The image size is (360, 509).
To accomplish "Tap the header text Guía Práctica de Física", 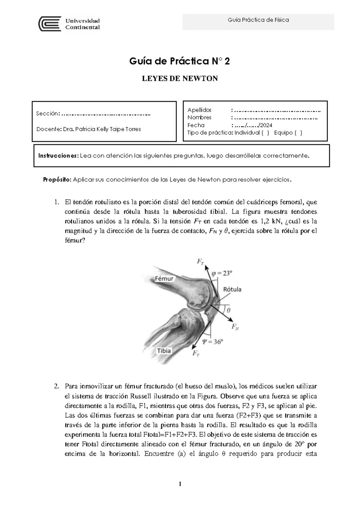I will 258,20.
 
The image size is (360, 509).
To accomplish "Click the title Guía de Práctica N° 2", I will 180,62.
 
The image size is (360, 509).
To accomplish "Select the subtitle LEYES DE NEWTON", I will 180,79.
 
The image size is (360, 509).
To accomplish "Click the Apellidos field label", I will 199,110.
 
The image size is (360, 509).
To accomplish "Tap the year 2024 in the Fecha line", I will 266,125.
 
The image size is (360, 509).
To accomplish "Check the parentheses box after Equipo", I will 298,133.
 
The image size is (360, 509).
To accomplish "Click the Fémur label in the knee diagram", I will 164,279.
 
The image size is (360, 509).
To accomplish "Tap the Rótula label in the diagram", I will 232,289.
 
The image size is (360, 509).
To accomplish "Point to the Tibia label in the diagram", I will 164,351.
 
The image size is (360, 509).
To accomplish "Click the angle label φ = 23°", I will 222,273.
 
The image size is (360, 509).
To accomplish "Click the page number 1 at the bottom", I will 180,484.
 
